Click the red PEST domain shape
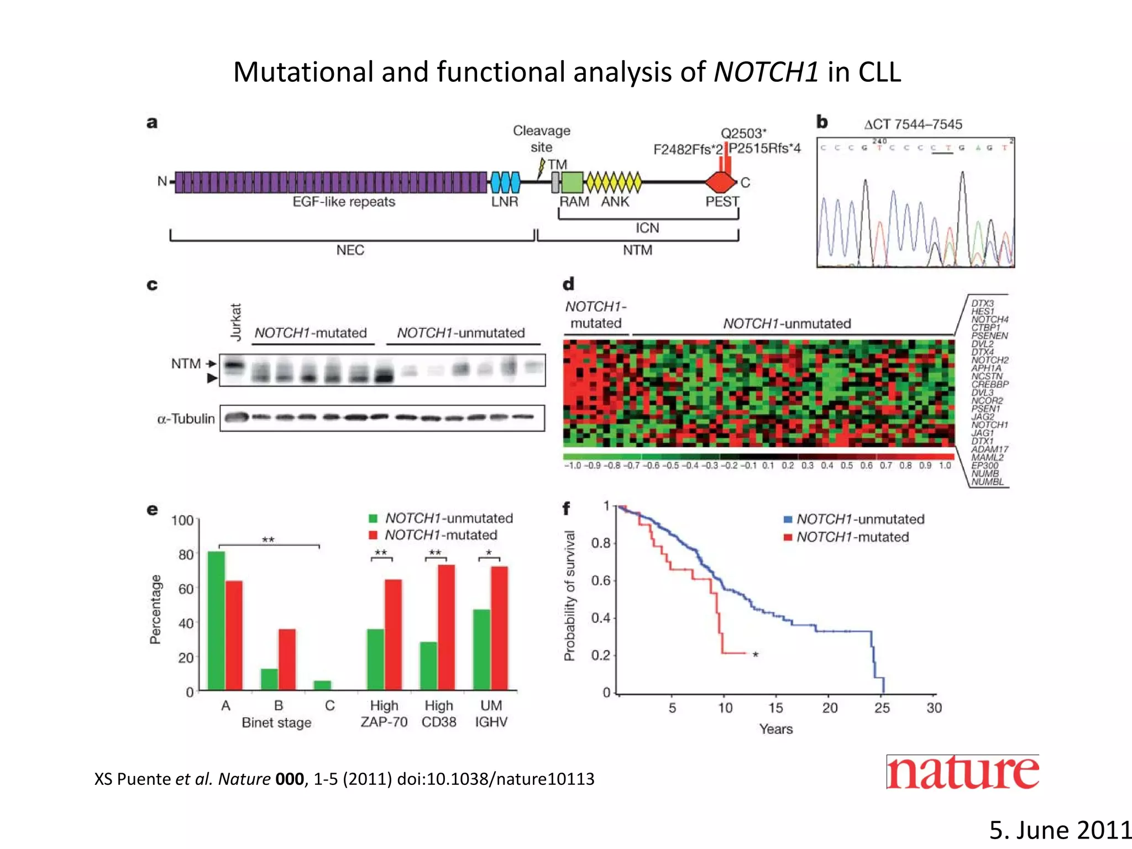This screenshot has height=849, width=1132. coord(721,182)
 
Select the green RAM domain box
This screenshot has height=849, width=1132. coord(572,182)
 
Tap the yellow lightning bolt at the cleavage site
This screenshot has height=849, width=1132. coord(542,169)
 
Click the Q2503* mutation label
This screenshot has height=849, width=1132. coord(743,133)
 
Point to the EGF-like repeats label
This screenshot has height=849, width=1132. coord(344,202)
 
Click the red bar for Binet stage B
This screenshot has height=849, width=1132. coord(287,659)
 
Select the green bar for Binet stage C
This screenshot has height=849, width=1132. coord(322,685)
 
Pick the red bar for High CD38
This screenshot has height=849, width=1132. coord(446,627)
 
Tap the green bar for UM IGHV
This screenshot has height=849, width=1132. coord(481,650)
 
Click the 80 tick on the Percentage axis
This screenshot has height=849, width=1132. coord(186,554)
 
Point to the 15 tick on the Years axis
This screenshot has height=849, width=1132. coord(775,707)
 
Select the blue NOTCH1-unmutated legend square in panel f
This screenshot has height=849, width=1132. coord(788,520)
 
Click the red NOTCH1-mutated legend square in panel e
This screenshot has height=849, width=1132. coord(373,535)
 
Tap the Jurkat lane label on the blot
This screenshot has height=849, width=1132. coord(236,322)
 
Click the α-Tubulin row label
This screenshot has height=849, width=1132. coord(186,419)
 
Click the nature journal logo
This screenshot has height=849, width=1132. coord(962,772)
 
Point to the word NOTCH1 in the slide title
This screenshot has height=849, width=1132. coord(766,72)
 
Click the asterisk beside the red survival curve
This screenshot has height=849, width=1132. coord(756,654)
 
